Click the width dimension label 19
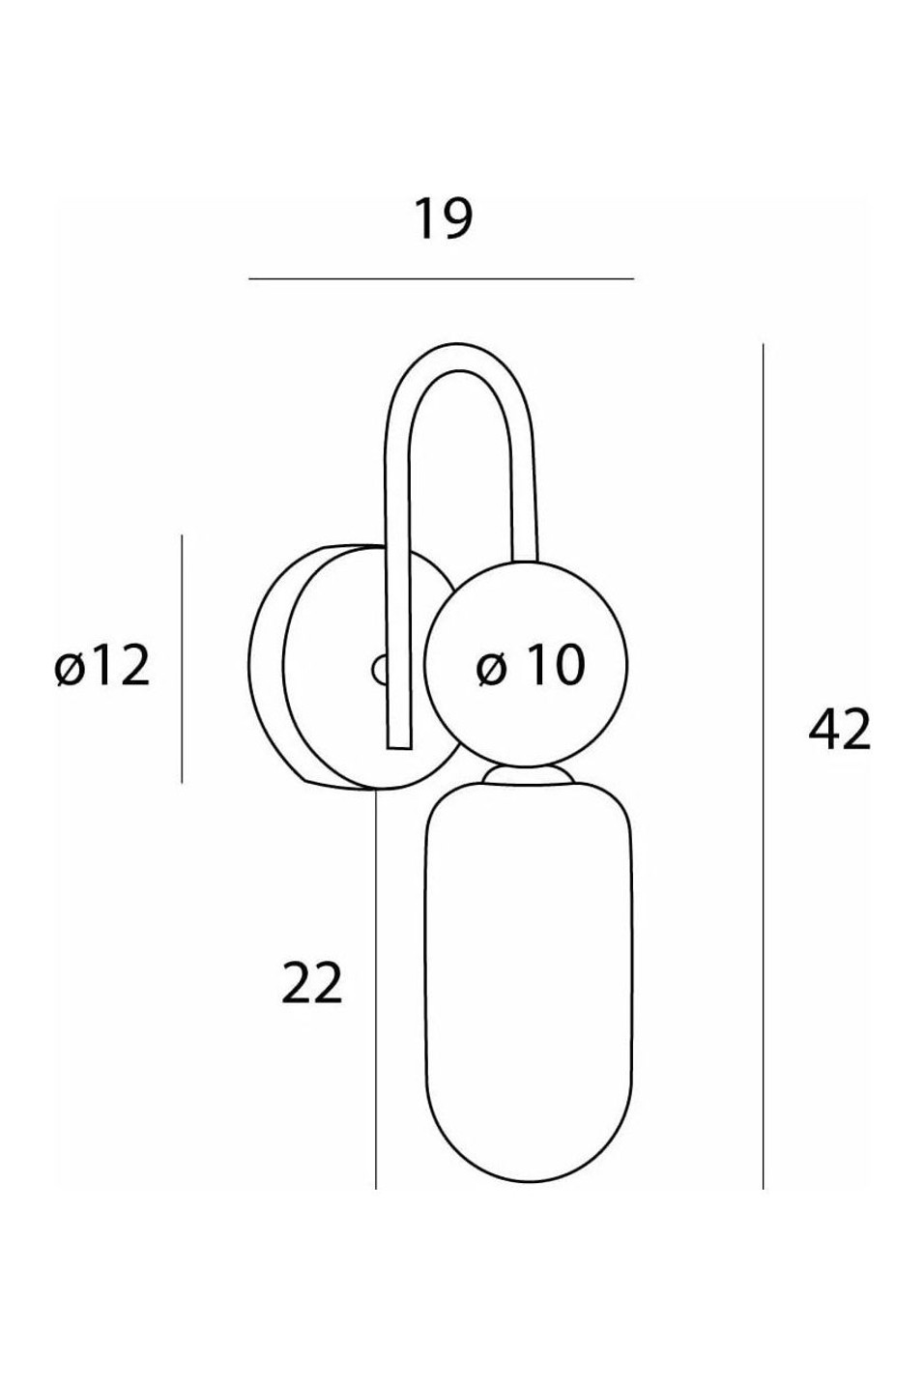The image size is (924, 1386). point(442,218)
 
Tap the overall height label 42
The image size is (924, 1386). point(839,730)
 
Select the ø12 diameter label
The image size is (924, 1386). point(102,665)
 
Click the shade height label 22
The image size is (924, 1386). point(311,983)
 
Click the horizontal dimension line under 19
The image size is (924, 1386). point(442,279)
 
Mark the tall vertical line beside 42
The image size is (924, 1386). point(764,766)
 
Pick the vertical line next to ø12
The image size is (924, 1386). point(182,659)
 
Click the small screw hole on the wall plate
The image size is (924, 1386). point(379,670)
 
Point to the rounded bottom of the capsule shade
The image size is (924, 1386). point(529,1141)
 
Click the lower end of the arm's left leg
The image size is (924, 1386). point(398,747)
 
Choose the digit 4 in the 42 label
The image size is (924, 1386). point(823,730)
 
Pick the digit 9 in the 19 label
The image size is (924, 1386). point(457,218)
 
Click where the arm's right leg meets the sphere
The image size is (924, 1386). point(525,561)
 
